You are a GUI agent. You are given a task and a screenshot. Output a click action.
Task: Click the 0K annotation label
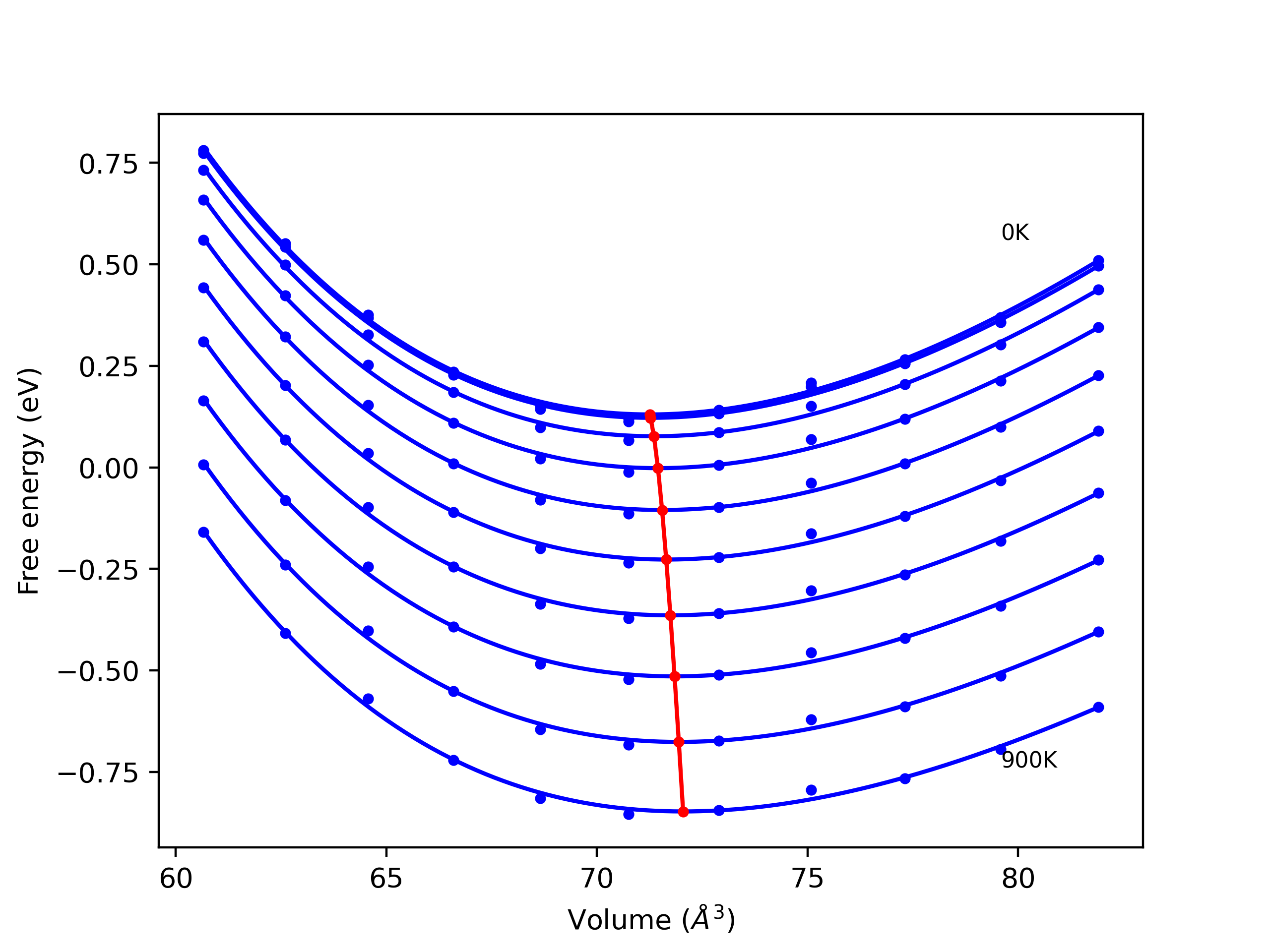point(1015,233)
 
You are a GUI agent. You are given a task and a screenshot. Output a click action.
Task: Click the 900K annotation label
point(1029,760)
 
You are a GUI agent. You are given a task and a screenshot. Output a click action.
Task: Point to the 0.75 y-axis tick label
point(109,165)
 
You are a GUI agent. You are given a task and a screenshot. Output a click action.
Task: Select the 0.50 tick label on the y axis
point(109,266)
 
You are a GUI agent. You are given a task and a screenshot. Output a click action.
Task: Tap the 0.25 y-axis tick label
point(109,367)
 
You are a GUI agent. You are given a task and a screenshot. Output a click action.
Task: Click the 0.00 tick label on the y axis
point(109,469)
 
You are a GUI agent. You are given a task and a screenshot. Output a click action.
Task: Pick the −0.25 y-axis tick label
point(98,570)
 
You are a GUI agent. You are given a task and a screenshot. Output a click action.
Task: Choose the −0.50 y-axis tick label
point(98,672)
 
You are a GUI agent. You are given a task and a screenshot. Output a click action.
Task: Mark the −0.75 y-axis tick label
point(98,773)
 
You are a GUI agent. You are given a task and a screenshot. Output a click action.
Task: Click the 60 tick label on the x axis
point(176,879)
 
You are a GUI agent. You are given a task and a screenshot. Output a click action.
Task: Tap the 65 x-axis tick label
point(386,879)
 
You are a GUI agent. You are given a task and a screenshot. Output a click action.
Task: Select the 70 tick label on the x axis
point(596,879)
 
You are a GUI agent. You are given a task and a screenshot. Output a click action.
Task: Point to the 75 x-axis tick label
point(807,879)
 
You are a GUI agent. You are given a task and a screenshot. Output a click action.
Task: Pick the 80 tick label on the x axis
point(1018,879)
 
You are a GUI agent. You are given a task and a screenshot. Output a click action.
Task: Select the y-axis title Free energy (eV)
point(29,481)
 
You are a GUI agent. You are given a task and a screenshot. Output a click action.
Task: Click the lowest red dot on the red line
point(683,811)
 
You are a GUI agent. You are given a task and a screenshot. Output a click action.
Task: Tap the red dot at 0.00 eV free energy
point(658,468)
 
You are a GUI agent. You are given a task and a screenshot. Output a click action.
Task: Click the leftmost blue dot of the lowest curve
point(204,533)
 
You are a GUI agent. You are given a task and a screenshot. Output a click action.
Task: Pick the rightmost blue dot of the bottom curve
point(1098,708)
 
